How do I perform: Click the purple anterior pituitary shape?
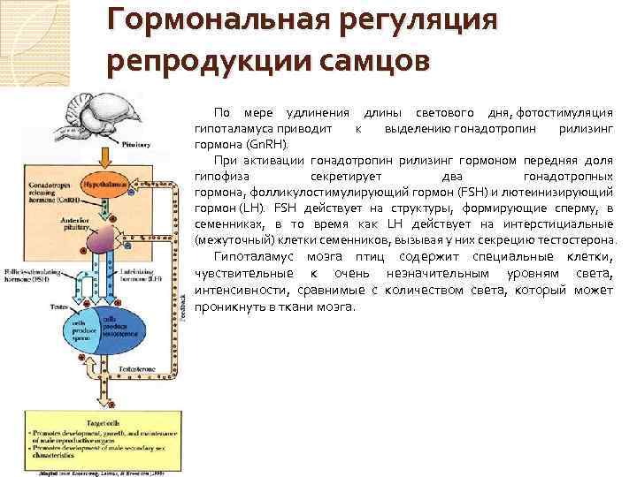[x=106, y=239]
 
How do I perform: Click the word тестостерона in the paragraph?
[x=573, y=240]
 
